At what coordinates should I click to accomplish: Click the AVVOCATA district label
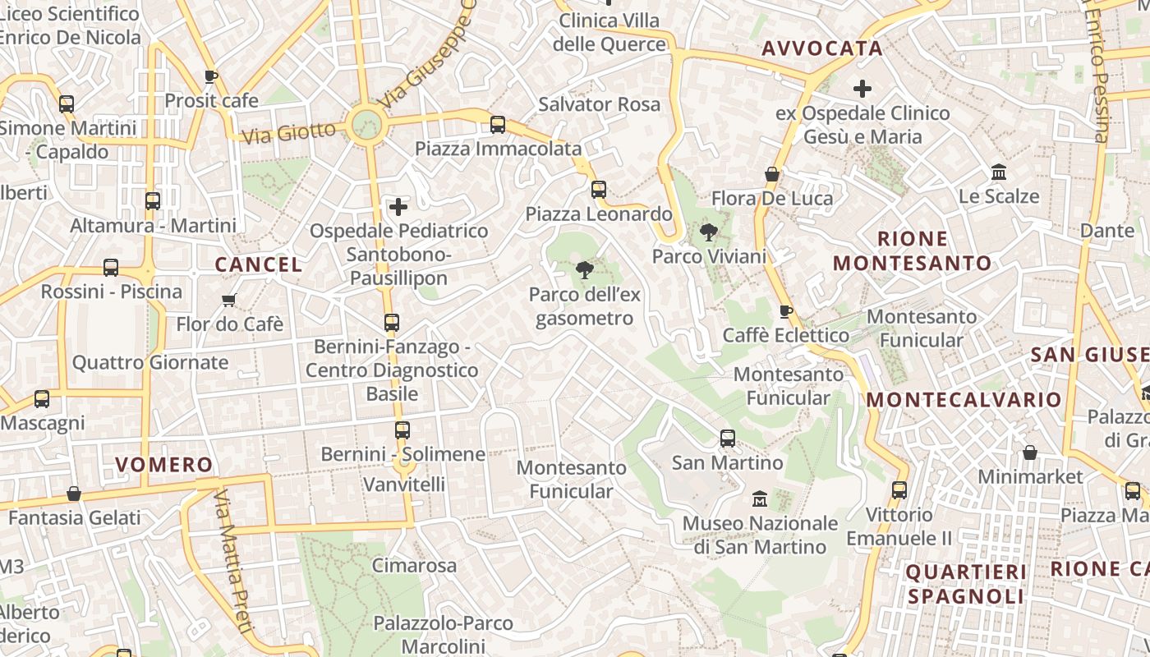point(821,48)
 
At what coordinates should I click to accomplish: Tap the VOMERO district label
point(163,465)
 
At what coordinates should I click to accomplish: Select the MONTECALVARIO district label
point(964,400)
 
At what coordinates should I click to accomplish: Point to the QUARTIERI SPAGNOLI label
point(966,584)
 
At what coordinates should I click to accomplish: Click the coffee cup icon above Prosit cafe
point(211,76)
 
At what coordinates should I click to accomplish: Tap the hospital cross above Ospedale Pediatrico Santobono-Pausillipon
point(398,206)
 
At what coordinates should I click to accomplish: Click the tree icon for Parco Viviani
point(708,232)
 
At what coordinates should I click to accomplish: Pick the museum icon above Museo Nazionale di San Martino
point(760,498)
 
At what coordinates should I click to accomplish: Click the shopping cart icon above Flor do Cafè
point(229,300)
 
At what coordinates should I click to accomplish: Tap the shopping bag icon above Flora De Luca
point(772,173)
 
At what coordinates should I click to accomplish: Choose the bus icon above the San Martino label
point(728,438)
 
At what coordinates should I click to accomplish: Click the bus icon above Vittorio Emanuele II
point(899,490)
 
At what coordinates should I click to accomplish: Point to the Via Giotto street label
point(290,132)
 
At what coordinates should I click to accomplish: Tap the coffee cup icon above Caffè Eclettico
point(786,310)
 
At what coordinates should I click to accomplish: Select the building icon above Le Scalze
point(1000,172)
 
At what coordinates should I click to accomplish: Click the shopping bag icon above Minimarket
point(1029,453)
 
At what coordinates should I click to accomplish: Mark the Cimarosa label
point(414,566)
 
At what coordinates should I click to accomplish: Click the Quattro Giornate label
point(150,362)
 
